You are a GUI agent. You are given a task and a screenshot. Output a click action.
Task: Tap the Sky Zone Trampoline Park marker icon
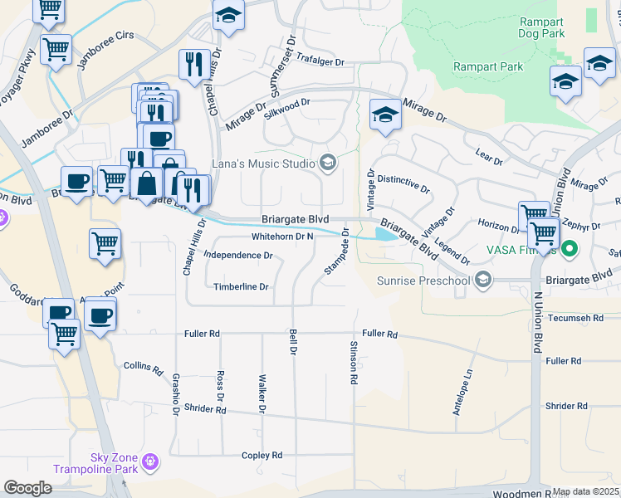tap(150, 461)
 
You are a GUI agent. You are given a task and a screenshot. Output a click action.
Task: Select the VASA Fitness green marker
tap(570, 248)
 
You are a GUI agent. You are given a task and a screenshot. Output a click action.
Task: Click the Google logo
tap(28, 488)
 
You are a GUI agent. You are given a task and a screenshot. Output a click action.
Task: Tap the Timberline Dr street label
tap(242, 287)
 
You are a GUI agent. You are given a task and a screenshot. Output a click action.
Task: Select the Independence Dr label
tap(238, 256)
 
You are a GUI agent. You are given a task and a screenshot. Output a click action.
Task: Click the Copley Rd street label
tap(262, 456)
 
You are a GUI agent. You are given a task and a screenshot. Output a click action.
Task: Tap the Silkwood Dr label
tap(287, 105)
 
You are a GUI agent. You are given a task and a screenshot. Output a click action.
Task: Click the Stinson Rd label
tap(355, 362)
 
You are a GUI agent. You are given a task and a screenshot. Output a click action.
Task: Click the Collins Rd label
tap(142, 365)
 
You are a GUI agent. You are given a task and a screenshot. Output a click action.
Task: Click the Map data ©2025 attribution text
tap(586, 492)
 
